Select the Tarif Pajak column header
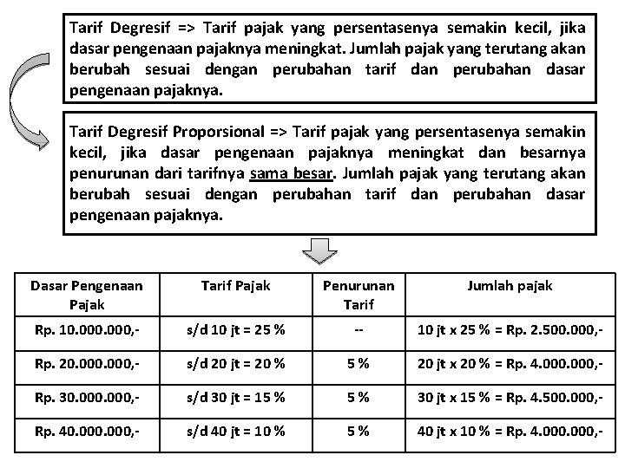235,285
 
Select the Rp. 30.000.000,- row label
86,399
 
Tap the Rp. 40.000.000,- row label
86,432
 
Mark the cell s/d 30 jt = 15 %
234,399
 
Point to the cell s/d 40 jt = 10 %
234,432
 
